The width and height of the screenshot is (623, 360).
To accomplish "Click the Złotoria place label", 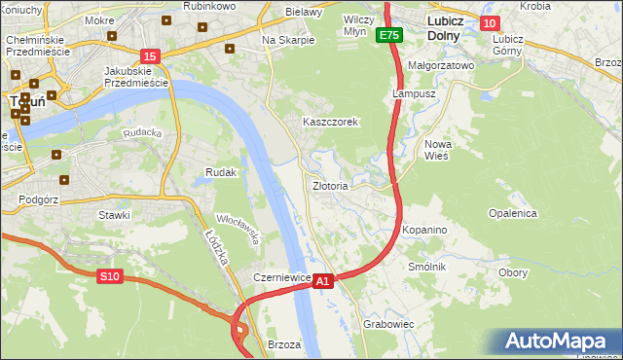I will (x=329, y=185).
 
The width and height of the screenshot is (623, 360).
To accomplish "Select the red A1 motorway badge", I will (x=324, y=280).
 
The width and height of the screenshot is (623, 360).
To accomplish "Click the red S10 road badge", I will (x=109, y=277).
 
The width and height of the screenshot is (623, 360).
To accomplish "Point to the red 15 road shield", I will (x=149, y=57).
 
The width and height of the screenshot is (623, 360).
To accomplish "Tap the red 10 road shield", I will (x=489, y=23).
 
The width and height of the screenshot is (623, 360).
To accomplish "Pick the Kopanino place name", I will (x=424, y=230).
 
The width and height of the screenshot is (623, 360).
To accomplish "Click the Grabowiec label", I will (x=388, y=323).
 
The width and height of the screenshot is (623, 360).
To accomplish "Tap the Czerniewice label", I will (x=281, y=277).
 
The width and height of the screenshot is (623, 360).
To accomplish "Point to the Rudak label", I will (x=221, y=172).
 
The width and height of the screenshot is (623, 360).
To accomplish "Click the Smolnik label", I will (x=426, y=266).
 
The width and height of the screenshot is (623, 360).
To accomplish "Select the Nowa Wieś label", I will (x=437, y=149).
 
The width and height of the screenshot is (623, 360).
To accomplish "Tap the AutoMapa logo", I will (x=560, y=342).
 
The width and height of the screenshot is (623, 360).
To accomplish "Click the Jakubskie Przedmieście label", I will (x=136, y=77).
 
